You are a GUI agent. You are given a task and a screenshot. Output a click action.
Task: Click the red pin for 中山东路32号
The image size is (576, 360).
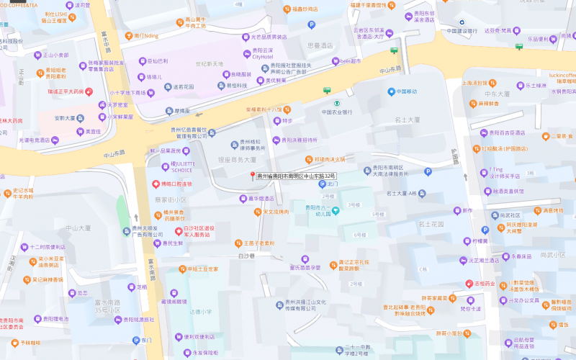pos(253,176)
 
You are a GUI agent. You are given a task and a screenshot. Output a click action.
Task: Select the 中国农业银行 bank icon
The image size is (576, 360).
pos(326,91)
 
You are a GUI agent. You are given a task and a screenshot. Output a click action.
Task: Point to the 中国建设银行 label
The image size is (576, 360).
pos(462,30)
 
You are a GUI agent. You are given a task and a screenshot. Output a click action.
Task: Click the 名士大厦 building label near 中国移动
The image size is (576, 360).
pos(408,120)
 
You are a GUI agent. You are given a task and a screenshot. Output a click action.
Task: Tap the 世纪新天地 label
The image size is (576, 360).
pos(210,64)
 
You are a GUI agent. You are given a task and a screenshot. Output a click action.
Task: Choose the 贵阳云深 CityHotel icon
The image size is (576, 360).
pos(245,51)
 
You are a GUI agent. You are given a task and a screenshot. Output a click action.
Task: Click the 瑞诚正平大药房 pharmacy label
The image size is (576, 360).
pos(66,91)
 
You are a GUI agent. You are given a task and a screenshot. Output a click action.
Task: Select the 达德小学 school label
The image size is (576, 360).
pos(201,311)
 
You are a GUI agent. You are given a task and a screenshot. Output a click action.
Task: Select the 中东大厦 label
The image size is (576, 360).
pos(497,94)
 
